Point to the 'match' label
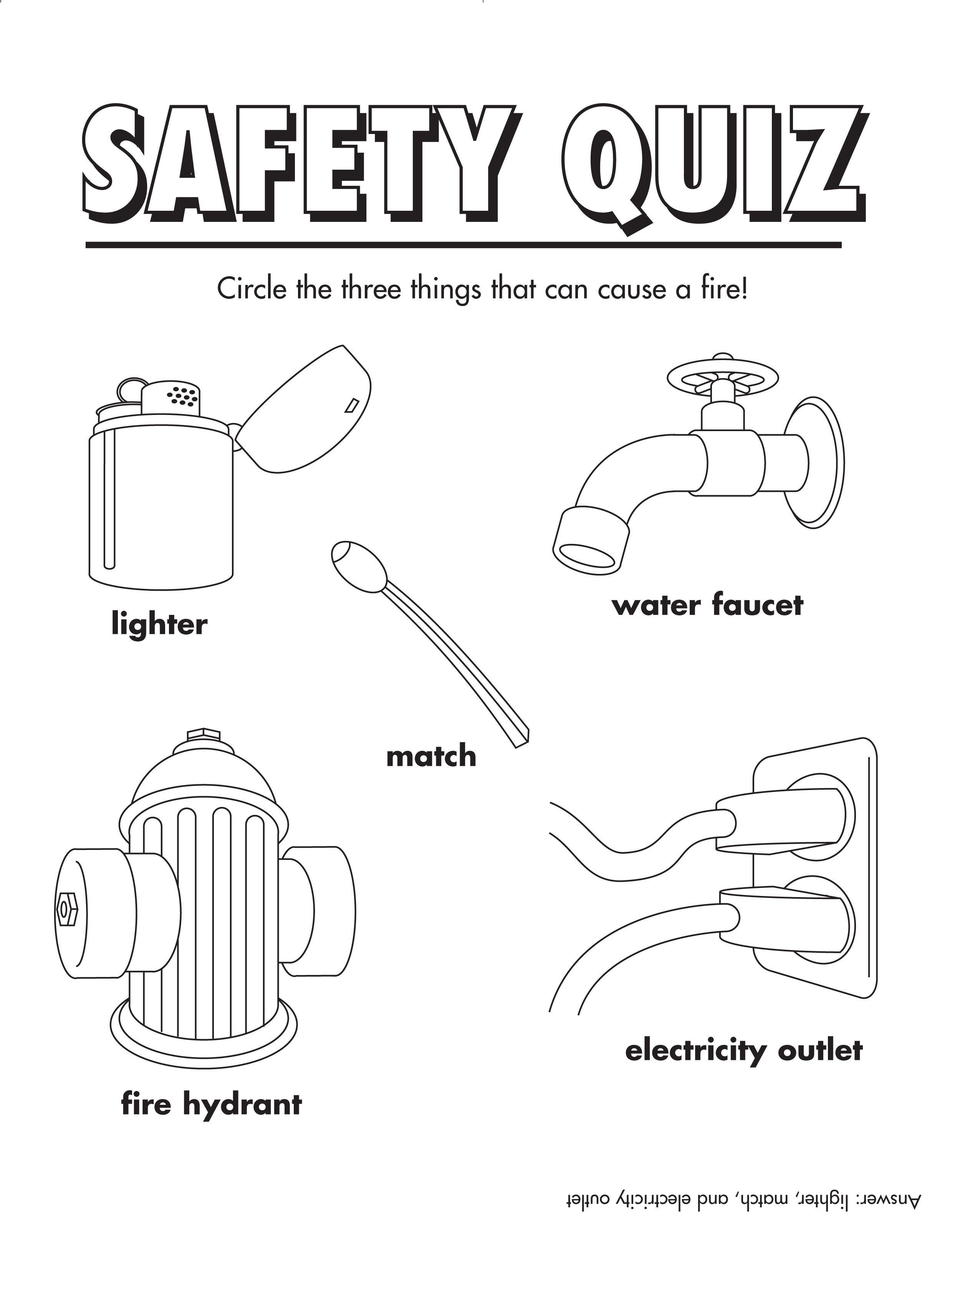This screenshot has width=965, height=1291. pos(431,756)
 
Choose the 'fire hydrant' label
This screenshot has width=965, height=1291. pos(211,1106)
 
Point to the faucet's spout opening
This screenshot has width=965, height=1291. pos(586,556)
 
